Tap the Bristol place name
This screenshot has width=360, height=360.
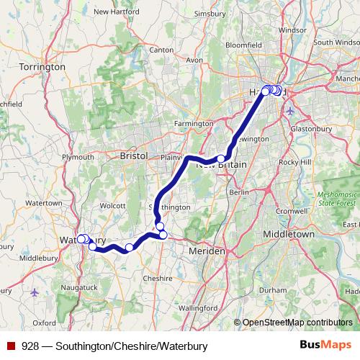[133, 156]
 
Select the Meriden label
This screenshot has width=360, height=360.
[207, 251]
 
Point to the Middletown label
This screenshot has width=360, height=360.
[289, 235]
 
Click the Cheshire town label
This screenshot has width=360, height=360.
[158, 278]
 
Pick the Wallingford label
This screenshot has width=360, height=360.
[178, 308]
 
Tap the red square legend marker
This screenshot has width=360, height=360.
[12, 346]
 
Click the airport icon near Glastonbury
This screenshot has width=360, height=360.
[290, 112]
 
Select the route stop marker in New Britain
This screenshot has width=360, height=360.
[221, 159]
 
